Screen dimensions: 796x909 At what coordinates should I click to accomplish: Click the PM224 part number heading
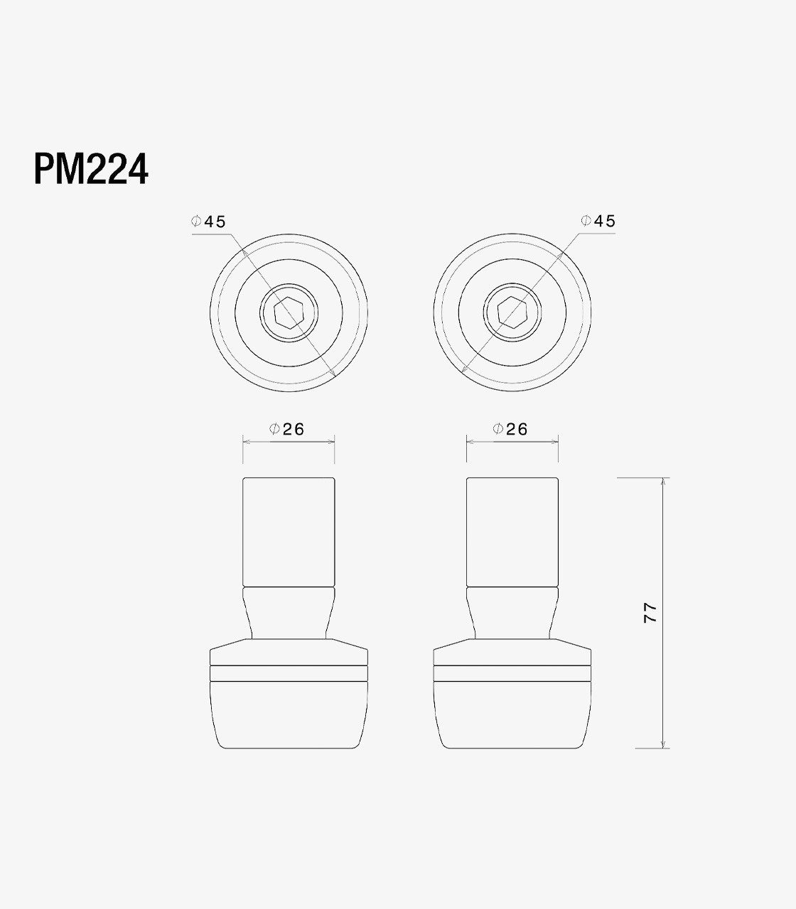(91, 169)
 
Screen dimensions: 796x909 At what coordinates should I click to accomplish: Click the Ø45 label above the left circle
(208, 222)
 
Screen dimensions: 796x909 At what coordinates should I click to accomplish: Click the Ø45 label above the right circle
(598, 221)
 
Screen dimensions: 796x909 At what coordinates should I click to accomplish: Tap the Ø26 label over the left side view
(287, 429)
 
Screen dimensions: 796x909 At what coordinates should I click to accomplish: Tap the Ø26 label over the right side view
(510, 429)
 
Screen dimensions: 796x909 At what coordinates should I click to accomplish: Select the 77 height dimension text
(650, 613)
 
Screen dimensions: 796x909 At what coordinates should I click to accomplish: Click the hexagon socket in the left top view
(289, 312)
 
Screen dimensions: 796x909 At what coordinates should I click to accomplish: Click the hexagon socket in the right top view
(512, 312)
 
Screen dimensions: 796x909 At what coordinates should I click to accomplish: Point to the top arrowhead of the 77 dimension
(663, 481)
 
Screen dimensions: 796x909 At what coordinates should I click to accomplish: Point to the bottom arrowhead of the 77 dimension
(663, 744)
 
